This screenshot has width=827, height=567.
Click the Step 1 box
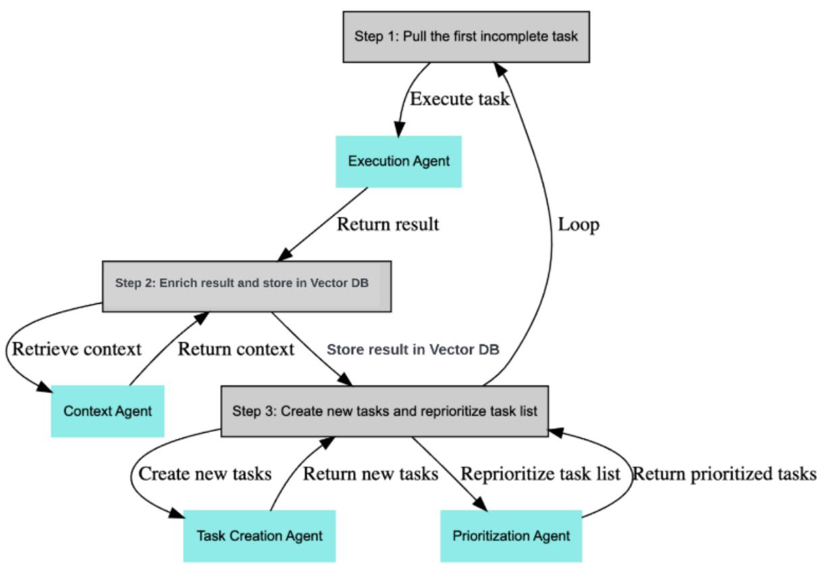466,36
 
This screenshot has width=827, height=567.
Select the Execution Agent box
398,161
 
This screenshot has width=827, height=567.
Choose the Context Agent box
107,410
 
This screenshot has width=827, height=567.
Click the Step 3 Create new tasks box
385,410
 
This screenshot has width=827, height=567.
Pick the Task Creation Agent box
259,536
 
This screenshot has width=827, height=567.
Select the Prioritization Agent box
511,536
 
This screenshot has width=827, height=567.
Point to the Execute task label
460,99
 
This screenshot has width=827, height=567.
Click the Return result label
388,224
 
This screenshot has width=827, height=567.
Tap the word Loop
579,225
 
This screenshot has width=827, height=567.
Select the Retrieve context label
77,349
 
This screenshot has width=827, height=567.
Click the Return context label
236,349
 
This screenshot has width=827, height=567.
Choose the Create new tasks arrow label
205,474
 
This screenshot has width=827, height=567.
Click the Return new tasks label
371,474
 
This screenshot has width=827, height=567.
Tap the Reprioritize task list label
540,474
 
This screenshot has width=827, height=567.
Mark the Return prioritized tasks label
724,474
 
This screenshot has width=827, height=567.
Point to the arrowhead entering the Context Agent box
45,388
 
